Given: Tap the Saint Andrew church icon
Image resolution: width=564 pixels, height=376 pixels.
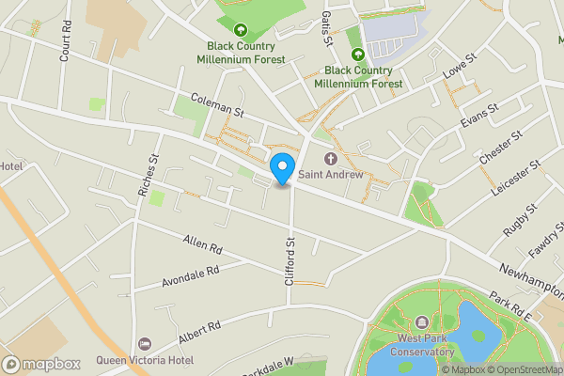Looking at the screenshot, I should coord(330,159).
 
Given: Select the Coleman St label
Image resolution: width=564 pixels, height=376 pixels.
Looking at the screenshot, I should coord(217,105).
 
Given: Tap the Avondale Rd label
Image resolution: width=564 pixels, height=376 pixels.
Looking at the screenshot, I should coord(190,274).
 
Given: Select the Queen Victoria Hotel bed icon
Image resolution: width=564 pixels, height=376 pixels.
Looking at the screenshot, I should coord(143,344).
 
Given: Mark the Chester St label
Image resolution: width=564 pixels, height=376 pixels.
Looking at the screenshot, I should coord(501,151).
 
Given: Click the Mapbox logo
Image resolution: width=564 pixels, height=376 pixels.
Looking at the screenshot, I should coord(40,364).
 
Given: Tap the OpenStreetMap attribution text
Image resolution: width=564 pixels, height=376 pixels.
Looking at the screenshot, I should coord(525,369).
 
